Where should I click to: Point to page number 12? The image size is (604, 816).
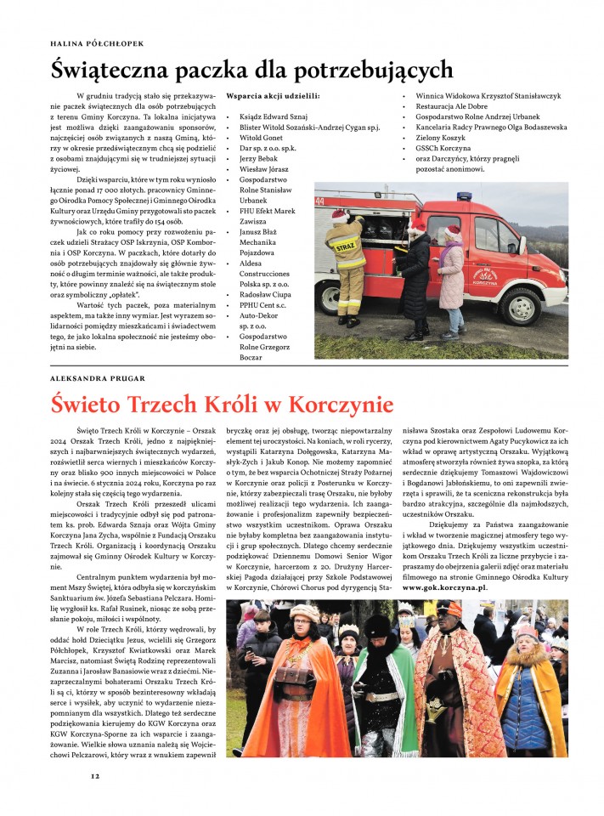pos(95,775)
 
